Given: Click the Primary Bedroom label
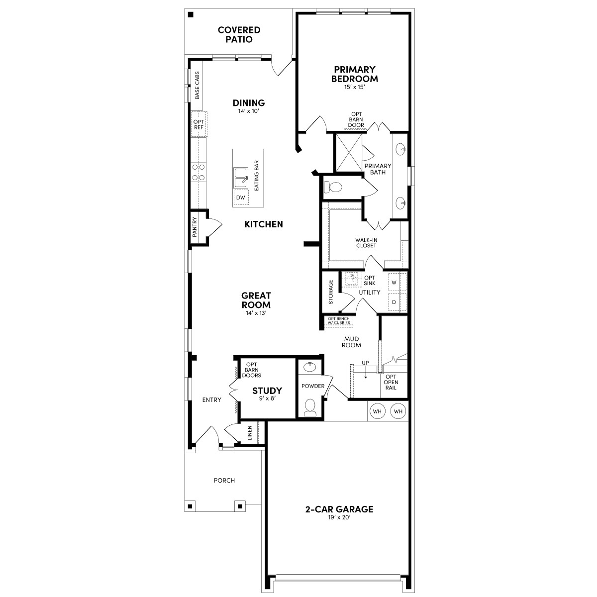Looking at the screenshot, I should point(354,74).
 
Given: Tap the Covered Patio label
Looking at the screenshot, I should point(239,35).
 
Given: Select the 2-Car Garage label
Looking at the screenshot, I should point(339,509).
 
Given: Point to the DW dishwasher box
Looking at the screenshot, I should point(241,198).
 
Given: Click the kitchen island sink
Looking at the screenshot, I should point(241,177).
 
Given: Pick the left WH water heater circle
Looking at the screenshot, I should point(378,411).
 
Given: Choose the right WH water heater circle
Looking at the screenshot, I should point(398,411).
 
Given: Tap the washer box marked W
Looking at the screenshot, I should point(394,282).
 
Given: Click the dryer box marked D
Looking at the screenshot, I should point(394,302).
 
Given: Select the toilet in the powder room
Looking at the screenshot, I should point(310,407).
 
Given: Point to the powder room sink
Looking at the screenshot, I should point(310,367).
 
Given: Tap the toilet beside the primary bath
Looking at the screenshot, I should point(334,188).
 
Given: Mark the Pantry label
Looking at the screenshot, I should point(195,226).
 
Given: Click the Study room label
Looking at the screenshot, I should point(267,391).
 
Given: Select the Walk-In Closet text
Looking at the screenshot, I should point(366,243).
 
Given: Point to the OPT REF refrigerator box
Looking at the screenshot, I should point(199,124).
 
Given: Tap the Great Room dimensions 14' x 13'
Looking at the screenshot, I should point(256,313).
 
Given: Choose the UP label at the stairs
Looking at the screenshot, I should point(366,363).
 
